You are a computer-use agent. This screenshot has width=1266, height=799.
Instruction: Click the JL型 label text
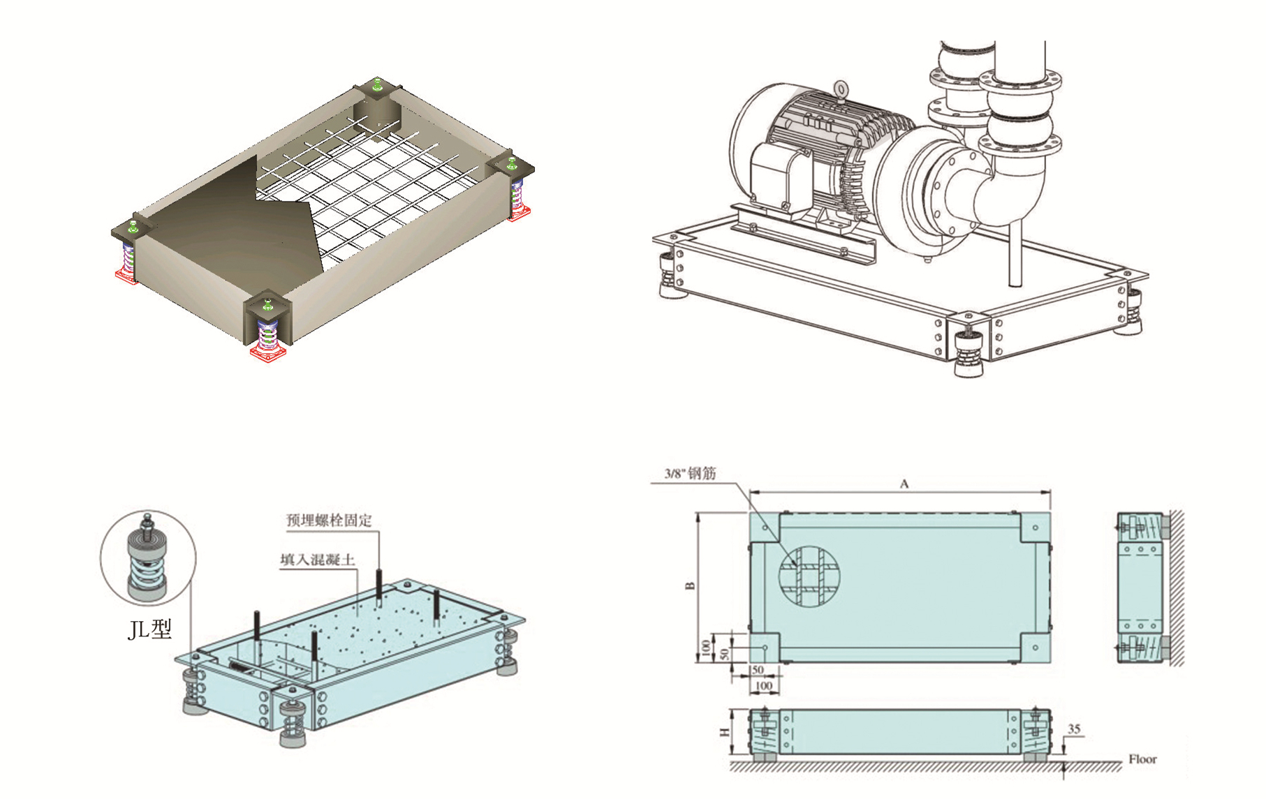149,629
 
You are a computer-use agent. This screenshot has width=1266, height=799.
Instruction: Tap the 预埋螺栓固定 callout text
329,520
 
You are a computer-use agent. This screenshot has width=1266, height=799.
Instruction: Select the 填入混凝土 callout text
318,560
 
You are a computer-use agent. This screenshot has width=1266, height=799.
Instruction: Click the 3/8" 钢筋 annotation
690,474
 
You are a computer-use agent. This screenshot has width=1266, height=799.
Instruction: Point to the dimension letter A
904,484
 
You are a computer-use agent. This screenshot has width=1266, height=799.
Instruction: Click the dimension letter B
691,585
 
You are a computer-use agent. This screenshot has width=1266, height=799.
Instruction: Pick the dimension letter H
725,732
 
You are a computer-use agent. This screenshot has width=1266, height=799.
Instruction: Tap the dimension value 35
1074,729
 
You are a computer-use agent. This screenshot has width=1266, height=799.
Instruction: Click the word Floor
1142,759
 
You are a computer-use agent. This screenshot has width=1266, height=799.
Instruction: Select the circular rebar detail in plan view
809,576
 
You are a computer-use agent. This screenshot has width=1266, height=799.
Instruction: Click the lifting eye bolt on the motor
841,89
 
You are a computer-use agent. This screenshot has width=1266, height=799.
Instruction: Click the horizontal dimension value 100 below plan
764,686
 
